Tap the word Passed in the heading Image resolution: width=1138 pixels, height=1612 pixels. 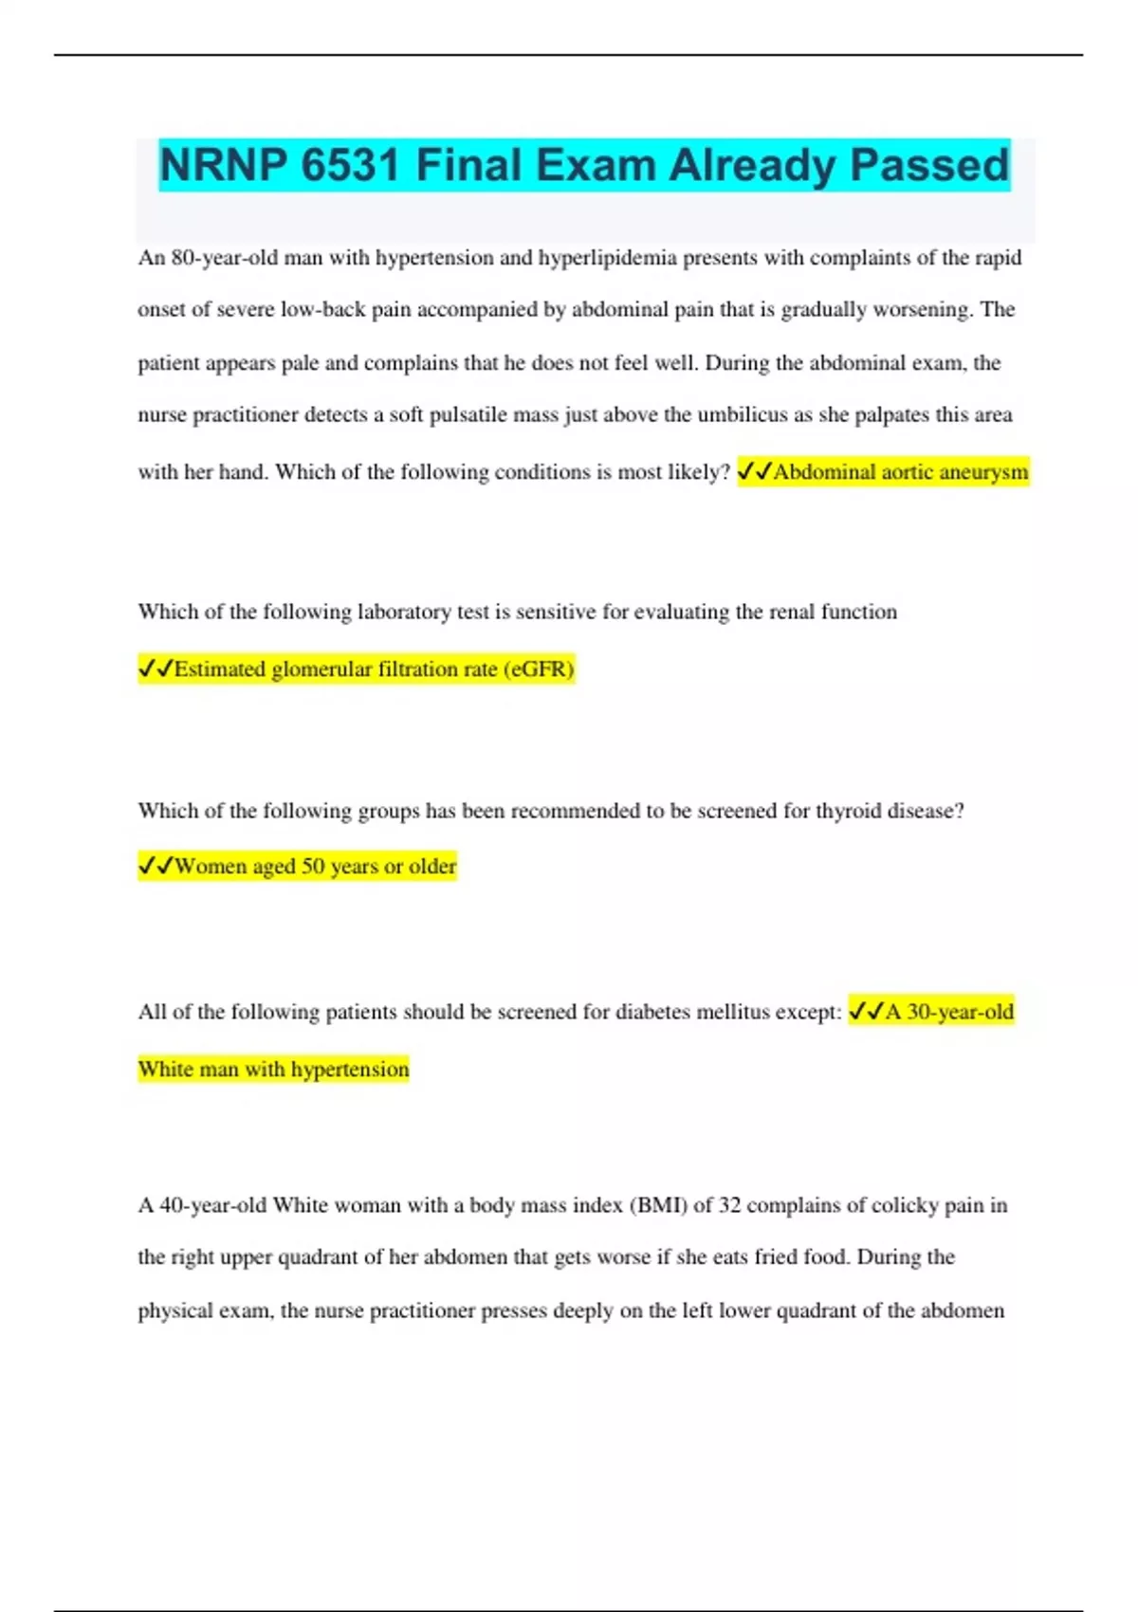pyautogui.click(x=929, y=165)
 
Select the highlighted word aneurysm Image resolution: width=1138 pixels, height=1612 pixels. pyautogui.click(x=983, y=471)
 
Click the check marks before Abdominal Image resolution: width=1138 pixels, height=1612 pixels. pyautogui.click(x=754, y=471)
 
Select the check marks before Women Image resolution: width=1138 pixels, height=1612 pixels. pyautogui.click(x=156, y=866)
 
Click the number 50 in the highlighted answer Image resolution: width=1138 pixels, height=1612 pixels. pyautogui.click(x=313, y=866)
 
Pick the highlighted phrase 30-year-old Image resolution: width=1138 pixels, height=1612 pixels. pyautogui.click(x=960, y=1012)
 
